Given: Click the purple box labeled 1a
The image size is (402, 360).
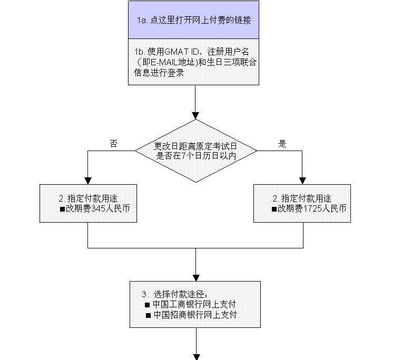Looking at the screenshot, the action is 193,19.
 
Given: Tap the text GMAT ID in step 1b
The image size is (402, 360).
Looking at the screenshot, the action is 182,52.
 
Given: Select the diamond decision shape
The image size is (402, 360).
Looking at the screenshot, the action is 195,151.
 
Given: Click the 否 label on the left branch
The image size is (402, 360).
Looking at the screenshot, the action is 114,144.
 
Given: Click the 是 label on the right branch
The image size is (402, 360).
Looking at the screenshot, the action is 282,144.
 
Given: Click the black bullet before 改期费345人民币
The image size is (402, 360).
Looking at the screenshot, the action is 62,209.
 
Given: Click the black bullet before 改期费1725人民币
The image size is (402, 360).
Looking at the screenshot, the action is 274,209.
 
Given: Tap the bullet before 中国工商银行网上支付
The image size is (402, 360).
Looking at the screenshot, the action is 147,305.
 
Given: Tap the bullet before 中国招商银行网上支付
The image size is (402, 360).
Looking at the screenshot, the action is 148,315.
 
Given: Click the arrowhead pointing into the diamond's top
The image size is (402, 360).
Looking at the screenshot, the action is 195,116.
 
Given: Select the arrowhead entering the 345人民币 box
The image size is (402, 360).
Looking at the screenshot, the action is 88,181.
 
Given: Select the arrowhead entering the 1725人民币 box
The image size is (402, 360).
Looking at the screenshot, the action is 302,181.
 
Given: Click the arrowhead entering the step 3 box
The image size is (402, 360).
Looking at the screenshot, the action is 196,278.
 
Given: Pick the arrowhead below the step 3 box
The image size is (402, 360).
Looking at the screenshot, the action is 197,357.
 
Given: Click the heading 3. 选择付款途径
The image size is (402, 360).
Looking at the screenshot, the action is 174,294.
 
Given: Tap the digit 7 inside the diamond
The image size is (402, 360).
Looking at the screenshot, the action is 183,156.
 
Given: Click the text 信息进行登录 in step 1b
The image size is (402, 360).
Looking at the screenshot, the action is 159,73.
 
